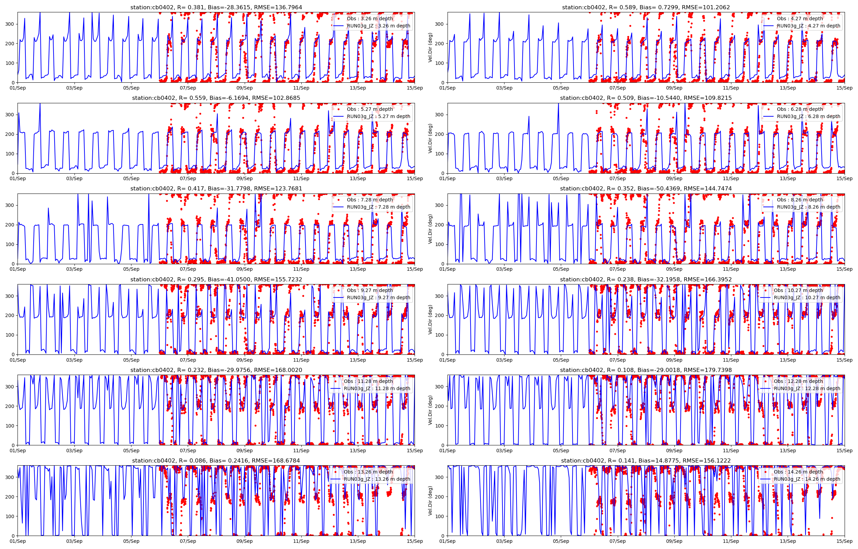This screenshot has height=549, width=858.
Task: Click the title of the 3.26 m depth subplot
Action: coord(216,7)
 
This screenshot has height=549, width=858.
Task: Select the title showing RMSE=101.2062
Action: coord(646,7)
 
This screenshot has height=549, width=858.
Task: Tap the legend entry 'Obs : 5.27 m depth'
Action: coord(370,109)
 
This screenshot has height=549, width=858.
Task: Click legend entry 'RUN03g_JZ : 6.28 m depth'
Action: coord(809,116)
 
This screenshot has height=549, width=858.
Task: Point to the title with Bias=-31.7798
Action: coord(216,189)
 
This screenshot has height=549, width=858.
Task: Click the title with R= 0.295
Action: coord(216,280)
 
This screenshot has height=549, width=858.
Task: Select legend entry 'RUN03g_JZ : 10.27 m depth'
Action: coord(807,298)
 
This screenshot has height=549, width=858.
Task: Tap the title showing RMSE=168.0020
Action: coord(216,370)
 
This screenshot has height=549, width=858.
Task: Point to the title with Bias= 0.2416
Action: coord(216,460)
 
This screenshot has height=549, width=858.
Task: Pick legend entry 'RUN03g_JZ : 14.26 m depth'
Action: coord(807,479)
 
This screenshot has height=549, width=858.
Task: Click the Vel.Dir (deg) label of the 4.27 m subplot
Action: coord(430,47)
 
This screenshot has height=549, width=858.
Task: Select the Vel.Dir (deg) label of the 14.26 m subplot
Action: coord(430,501)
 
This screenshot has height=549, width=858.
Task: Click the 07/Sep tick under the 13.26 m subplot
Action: coord(188,541)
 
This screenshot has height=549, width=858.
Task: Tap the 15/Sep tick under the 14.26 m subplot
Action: coord(844,541)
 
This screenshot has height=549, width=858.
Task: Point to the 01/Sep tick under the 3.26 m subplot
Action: coord(18,88)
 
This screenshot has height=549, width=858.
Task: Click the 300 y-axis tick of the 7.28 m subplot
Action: coord(10,205)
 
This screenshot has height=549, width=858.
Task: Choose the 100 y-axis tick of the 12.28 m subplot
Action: coord(440,426)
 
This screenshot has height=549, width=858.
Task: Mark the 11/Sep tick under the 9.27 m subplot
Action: coord(301,360)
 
